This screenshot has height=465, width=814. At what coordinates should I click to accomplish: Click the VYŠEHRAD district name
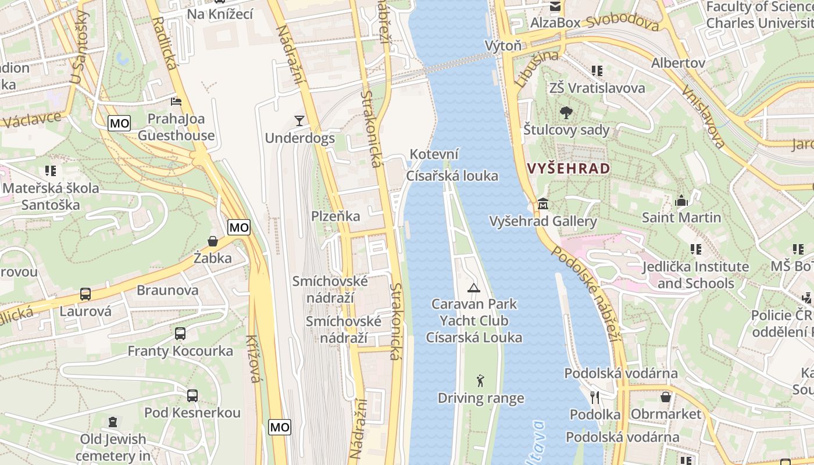569,169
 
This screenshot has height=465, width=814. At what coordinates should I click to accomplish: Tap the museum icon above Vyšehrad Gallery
543,204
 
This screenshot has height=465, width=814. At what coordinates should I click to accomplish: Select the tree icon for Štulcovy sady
566,113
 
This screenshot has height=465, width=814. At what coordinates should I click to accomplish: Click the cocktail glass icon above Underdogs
299,121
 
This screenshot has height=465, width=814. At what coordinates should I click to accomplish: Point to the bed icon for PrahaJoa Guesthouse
176,102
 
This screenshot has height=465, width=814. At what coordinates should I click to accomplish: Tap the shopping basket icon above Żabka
213,241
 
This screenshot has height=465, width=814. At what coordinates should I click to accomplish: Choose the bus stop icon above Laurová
85,294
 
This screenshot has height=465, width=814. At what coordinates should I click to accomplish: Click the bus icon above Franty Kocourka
180,334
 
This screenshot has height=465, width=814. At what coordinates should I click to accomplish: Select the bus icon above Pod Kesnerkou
192,396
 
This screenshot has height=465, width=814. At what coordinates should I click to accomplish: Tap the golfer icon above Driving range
480,381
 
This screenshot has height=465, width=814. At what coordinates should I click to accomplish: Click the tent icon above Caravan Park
474,287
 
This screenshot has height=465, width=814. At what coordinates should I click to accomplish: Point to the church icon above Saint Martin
681,201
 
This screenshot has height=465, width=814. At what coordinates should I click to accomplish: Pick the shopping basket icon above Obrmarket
666,397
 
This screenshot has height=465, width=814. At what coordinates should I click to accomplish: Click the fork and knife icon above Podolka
594,398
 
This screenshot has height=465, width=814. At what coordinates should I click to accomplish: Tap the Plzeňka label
335,216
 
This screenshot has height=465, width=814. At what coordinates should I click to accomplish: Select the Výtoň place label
504,46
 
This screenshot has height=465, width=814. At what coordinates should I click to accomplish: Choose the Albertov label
678,63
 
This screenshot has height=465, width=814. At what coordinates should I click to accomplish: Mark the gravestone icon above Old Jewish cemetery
112,422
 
